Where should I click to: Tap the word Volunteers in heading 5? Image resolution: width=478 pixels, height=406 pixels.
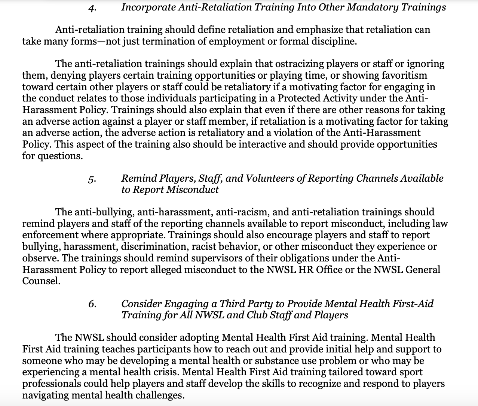[x=269, y=178]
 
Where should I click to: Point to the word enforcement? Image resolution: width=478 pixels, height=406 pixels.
[x=49, y=235]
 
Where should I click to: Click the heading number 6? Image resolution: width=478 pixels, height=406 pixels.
[x=92, y=304]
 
